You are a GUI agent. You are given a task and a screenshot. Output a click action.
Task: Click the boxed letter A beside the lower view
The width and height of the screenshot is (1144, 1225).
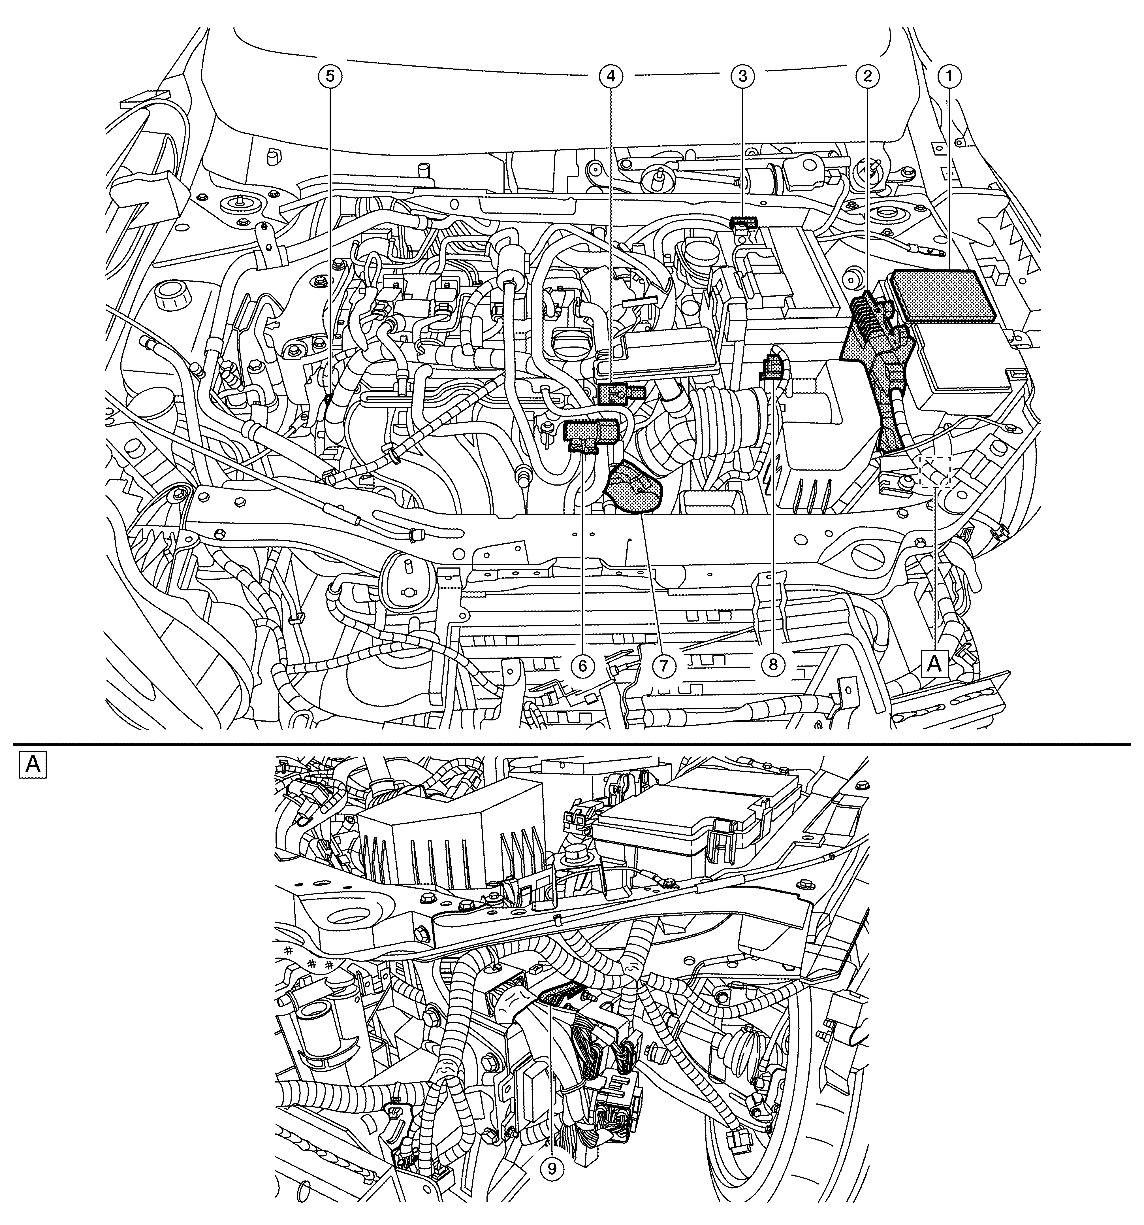click(x=33, y=765)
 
